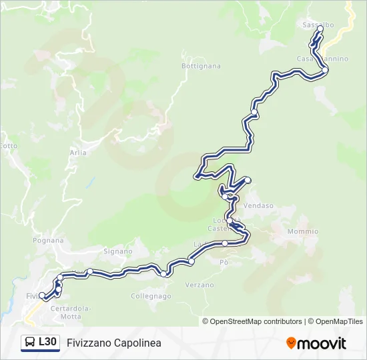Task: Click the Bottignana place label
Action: click(201, 66)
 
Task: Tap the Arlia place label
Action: click(78, 153)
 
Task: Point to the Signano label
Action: click(117, 251)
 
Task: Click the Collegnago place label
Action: click(151, 295)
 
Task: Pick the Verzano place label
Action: click(200, 285)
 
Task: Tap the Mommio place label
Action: click(302, 231)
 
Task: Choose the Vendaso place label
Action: click(259, 206)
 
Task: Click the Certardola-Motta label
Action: click(71, 311)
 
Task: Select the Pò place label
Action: click(224, 263)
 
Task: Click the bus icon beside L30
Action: click(30, 343)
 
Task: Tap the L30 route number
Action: click(47, 342)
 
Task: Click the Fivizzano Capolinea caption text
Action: click(114, 343)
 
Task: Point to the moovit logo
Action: click(316, 343)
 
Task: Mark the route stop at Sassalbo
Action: click(320, 29)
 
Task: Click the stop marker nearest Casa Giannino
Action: click(325, 69)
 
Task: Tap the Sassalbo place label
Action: click(318, 25)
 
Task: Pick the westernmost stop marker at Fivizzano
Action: click(42, 295)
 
